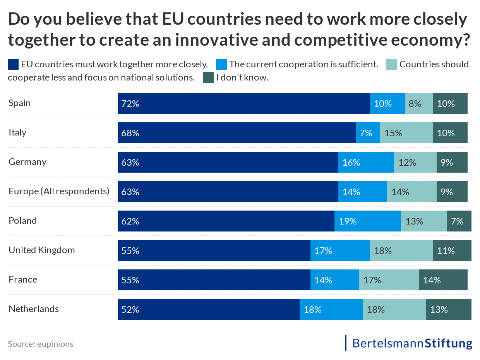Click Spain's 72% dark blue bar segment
point(244,103)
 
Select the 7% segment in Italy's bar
point(368,133)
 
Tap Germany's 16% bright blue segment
point(366,162)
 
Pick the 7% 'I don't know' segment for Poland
point(459,221)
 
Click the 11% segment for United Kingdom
point(452,250)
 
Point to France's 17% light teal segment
point(389,280)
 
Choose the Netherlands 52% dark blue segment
point(208,309)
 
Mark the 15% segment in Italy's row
point(406,133)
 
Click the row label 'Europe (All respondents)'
point(59,191)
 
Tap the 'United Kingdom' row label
point(42,250)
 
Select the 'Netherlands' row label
point(34,309)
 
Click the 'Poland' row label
point(23,221)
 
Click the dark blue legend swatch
point(13,64)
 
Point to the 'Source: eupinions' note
point(40,344)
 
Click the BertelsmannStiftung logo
point(412,343)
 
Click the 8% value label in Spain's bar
point(415,104)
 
